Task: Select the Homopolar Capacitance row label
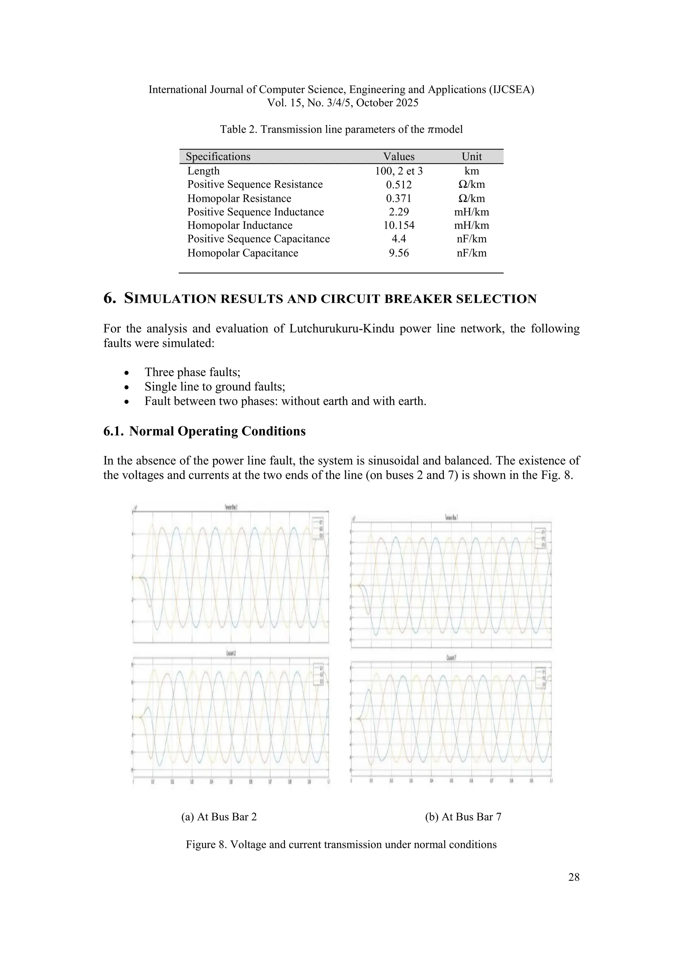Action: [x=243, y=253]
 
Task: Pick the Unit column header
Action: [x=472, y=156]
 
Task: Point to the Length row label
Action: [x=203, y=171]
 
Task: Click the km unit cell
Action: [x=472, y=171]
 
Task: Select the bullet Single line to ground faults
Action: [x=214, y=387]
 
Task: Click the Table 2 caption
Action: [x=341, y=129]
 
